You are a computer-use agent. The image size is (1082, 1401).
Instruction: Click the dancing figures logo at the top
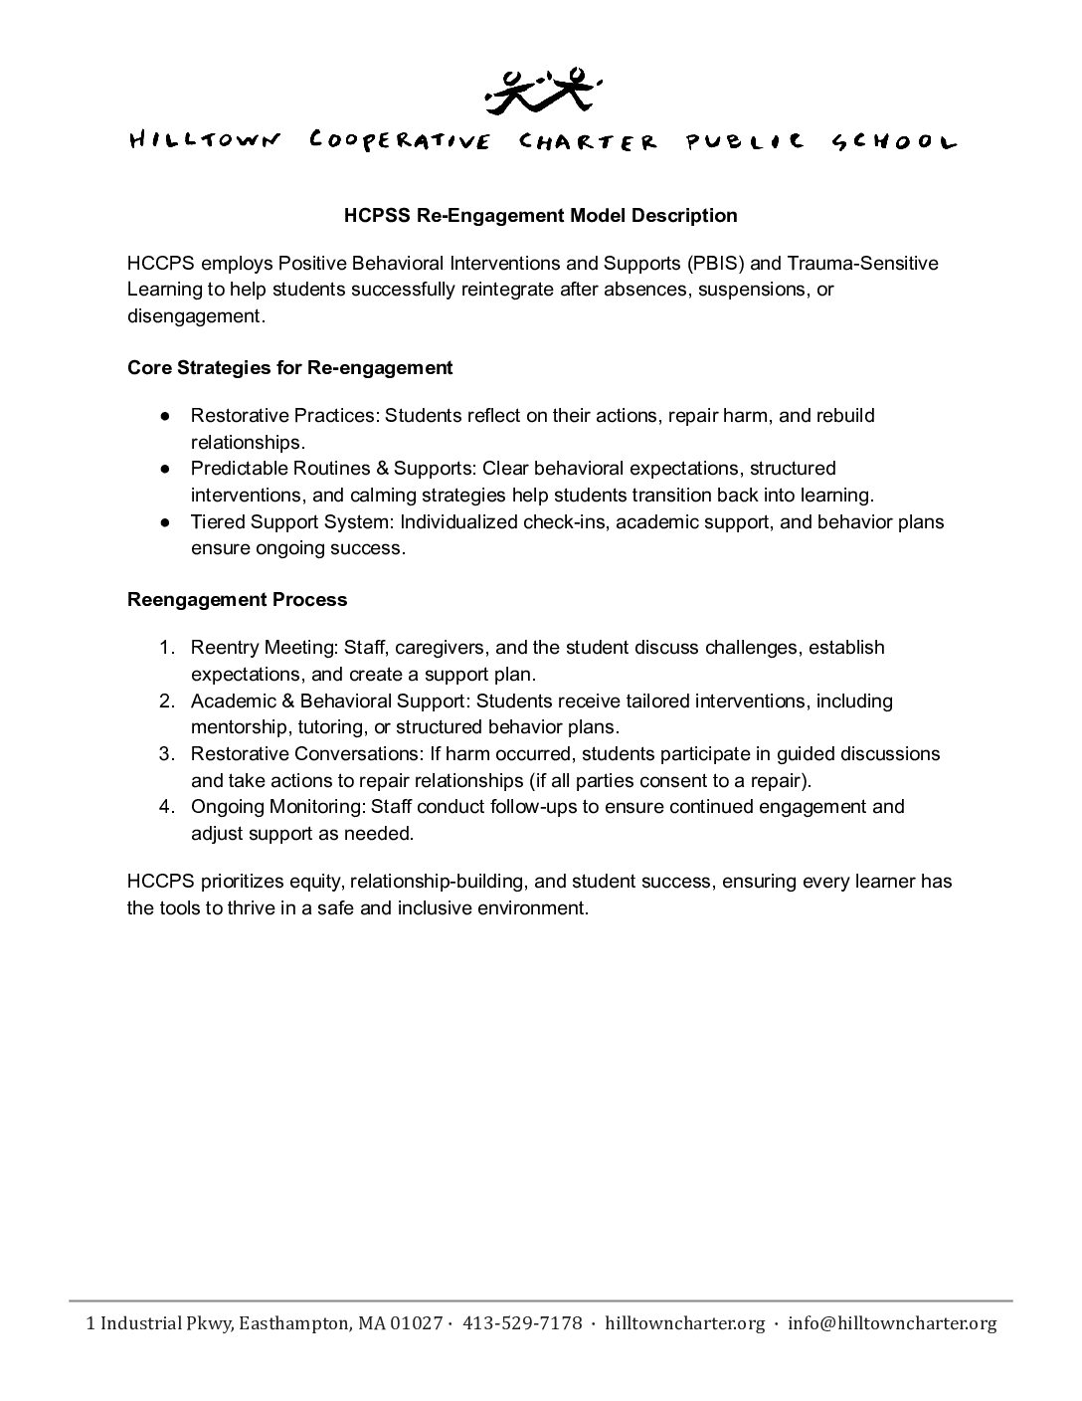coord(541,90)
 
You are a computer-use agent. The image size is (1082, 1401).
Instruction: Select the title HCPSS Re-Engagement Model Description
coord(541,215)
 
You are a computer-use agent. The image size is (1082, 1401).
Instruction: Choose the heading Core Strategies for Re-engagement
coord(289,367)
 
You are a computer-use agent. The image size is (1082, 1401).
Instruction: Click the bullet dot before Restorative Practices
coord(166,416)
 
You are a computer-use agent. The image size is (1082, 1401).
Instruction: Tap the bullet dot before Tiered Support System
coord(166,522)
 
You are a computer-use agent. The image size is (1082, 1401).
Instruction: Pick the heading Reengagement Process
coord(237,599)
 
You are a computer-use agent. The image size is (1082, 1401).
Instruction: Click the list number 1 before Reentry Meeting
coord(167,648)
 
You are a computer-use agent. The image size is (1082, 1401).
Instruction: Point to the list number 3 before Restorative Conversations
coord(167,754)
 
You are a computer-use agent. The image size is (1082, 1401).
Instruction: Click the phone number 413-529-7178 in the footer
coord(523,1323)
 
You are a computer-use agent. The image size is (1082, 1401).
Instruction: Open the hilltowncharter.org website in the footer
coord(685,1323)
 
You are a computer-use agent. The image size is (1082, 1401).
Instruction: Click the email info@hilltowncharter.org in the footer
coord(891,1323)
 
